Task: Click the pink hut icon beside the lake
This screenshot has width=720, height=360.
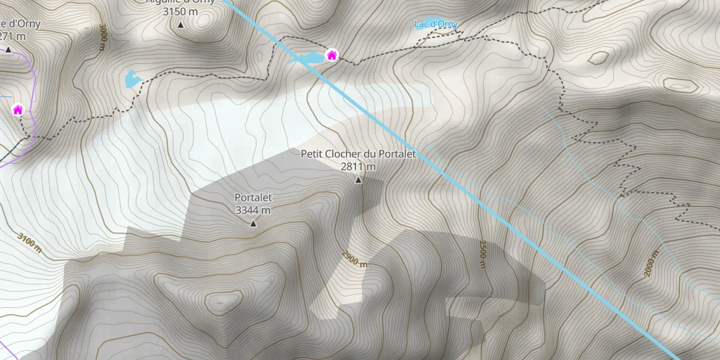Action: [x=331, y=55]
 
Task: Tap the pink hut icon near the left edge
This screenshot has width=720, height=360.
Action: [x=18, y=110]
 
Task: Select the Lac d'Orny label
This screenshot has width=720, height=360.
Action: [x=436, y=25]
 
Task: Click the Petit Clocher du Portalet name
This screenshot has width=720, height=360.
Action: [x=359, y=153]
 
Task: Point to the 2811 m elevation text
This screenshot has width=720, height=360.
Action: [x=359, y=167]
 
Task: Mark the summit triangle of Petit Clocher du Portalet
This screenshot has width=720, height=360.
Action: [x=359, y=181]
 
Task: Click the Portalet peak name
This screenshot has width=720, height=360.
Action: [x=253, y=198]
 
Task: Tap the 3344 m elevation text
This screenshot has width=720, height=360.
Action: [x=253, y=210]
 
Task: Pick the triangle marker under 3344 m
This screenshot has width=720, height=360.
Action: [x=253, y=224]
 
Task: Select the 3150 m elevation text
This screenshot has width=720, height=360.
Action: [x=180, y=11]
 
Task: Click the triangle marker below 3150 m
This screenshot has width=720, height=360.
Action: [x=180, y=25]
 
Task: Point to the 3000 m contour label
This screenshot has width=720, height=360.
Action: [x=103, y=37]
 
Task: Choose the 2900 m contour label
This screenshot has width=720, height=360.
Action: [x=354, y=259]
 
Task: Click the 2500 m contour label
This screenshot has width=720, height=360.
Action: [x=483, y=254]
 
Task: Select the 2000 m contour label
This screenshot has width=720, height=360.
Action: [x=651, y=263]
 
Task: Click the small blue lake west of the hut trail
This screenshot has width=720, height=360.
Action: [x=131, y=78]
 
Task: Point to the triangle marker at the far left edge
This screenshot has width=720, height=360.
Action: [x=8, y=50]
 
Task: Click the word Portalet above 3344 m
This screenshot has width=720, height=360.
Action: [x=253, y=198]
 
